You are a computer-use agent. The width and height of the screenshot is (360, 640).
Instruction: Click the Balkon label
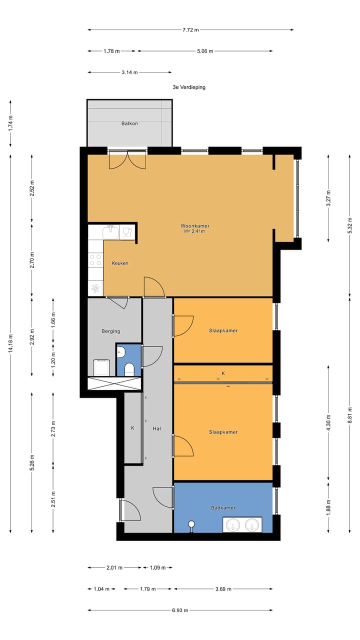(x=129, y=123)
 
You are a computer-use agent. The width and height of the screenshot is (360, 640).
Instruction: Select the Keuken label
(x=120, y=263)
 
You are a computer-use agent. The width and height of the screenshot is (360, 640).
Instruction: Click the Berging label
(x=110, y=331)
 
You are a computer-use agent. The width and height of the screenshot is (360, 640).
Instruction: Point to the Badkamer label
(x=223, y=508)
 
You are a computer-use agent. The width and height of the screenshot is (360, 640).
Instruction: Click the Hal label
(x=157, y=428)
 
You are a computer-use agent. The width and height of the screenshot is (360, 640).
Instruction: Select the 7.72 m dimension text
(x=190, y=30)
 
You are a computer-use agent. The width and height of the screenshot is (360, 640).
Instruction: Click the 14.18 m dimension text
(x=10, y=342)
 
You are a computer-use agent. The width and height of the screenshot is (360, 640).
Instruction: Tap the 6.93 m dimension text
(x=180, y=610)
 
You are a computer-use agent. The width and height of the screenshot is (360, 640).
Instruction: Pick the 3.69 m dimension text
(x=223, y=589)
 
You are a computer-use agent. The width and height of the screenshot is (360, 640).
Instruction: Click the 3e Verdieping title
(x=189, y=87)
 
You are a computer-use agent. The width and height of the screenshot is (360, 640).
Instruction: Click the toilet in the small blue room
(x=129, y=369)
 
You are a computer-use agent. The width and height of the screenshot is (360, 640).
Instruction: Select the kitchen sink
(x=111, y=232)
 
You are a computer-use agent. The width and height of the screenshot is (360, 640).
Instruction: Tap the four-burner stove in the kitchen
(x=95, y=260)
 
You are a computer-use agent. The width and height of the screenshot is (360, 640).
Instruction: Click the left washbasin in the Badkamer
(x=232, y=525)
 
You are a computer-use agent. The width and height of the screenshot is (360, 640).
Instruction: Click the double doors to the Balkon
(x=127, y=159)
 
